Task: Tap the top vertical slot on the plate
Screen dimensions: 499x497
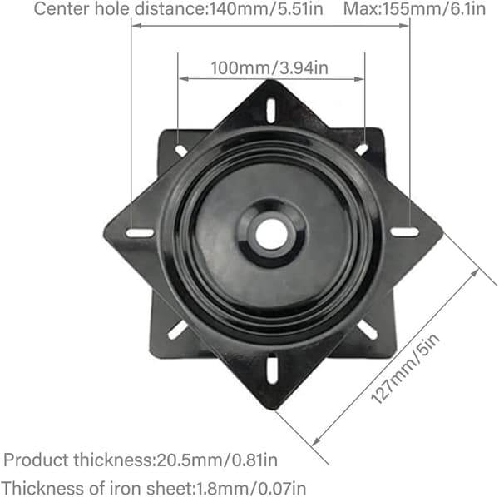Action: tap(271, 110)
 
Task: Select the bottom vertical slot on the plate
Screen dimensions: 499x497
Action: tap(272, 370)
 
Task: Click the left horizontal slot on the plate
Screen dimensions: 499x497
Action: tap(140, 233)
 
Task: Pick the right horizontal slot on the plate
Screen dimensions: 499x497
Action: tap(404, 232)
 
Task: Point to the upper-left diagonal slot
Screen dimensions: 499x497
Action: tap(181, 151)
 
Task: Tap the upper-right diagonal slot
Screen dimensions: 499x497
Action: tap(362, 149)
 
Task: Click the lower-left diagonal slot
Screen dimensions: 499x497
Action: tap(178, 330)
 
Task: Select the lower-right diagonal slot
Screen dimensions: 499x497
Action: tap(368, 330)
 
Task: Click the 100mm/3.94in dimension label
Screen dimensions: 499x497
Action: tap(269, 68)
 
